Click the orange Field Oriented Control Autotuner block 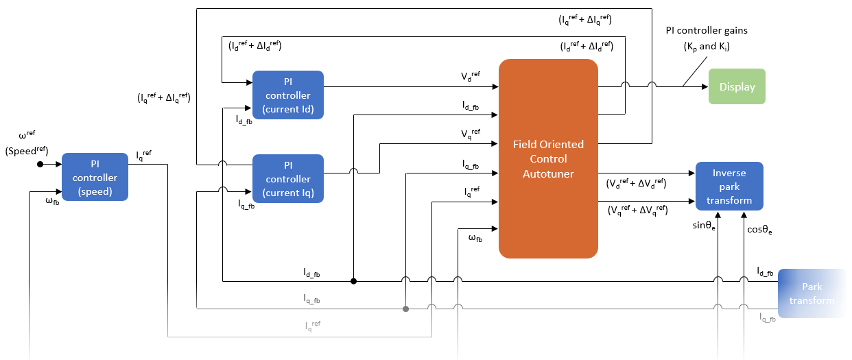click(x=548, y=158)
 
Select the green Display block click(x=737, y=86)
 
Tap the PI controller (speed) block click(x=95, y=177)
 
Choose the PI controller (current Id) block click(x=288, y=95)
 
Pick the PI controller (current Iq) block click(x=288, y=178)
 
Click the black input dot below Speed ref click(x=40, y=165)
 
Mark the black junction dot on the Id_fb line click(x=353, y=280)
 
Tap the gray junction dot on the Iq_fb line click(x=405, y=309)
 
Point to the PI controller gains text click(x=706, y=31)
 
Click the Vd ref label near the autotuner click(x=471, y=77)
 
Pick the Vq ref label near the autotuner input click(x=471, y=133)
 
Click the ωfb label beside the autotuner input click(x=475, y=238)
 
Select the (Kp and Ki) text click(x=706, y=46)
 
